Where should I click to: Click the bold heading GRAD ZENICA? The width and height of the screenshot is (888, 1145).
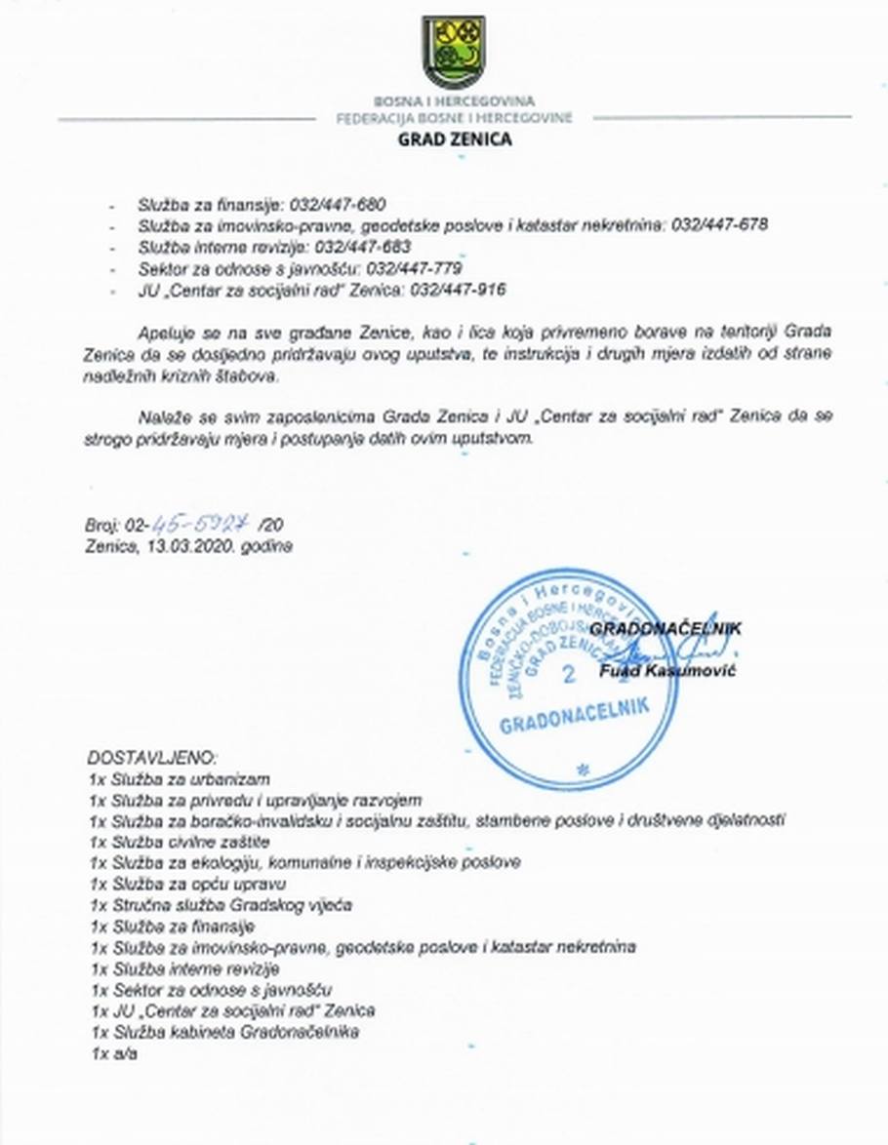[x=454, y=138]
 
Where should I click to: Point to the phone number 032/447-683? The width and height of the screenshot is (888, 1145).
[x=363, y=247]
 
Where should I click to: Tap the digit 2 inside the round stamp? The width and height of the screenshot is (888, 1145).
[x=568, y=675]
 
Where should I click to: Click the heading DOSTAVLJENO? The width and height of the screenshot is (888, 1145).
[x=152, y=758]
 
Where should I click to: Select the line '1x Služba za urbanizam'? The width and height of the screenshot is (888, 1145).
[x=179, y=779]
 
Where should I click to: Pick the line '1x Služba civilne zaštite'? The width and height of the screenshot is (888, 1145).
[x=179, y=842]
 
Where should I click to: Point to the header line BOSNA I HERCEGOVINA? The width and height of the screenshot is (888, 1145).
[x=454, y=101]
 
